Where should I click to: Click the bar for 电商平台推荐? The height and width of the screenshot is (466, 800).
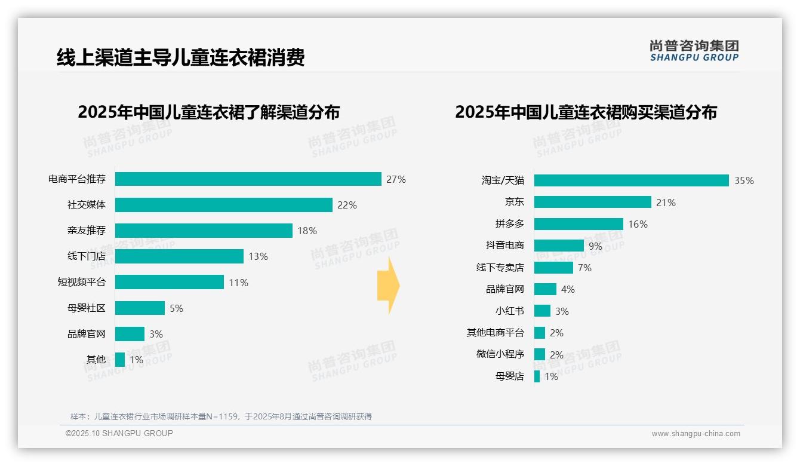pyautogui.click(x=248, y=179)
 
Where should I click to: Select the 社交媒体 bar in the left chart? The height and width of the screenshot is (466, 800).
pyautogui.click(x=223, y=205)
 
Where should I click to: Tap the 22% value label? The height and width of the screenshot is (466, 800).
pyautogui.click(x=347, y=205)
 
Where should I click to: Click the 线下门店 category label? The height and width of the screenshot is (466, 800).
pyautogui.click(x=86, y=256)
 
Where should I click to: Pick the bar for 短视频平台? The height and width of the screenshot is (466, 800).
pyautogui.click(x=169, y=282)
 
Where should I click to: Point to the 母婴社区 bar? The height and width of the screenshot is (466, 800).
pyautogui.click(x=140, y=308)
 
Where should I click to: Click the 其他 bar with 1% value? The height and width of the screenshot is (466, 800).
pyautogui.click(x=120, y=360)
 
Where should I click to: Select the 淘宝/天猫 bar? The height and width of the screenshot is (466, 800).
pyautogui.click(x=631, y=180)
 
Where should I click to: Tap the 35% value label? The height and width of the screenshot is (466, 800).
pyautogui.click(x=744, y=180)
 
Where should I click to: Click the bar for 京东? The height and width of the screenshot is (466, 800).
pyautogui.click(x=592, y=202)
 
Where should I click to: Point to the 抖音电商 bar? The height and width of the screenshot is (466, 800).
pyautogui.click(x=559, y=246)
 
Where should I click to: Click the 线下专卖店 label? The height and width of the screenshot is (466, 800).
pyautogui.click(x=500, y=268)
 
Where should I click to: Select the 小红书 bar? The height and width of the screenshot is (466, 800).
pyautogui.click(x=542, y=311)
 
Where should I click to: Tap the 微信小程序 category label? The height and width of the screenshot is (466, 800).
pyautogui.click(x=500, y=354)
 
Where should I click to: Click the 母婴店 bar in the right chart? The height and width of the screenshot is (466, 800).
pyautogui.click(x=537, y=376)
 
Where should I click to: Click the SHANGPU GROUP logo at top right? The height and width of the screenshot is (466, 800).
pyautogui.click(x=694, y=51)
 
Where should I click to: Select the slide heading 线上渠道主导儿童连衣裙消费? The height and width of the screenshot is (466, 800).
pyautogui.click(x=180, y=57)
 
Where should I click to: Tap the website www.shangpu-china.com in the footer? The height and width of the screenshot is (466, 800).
pyautogui.click(x=696, y=434)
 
